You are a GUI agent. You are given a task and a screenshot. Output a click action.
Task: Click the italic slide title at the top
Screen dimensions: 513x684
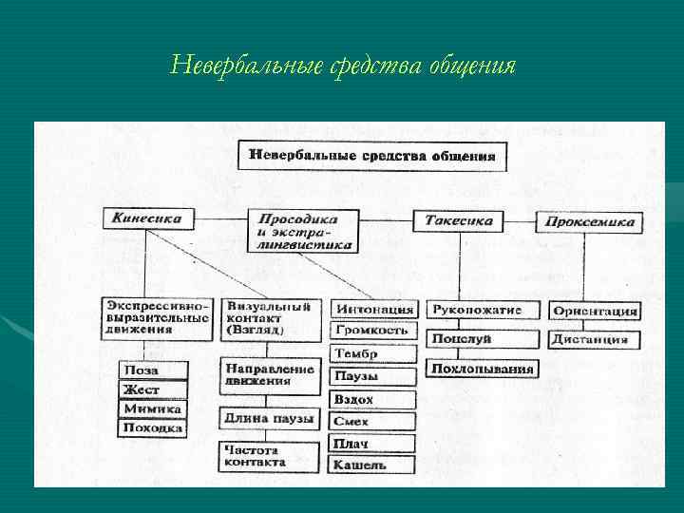343,66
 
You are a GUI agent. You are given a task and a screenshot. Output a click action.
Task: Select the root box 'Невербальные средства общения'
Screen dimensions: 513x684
371,156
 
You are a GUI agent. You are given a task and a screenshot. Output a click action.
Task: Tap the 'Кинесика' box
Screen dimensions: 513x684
148,218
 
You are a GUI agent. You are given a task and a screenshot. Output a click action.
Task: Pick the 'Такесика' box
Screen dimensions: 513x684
458,220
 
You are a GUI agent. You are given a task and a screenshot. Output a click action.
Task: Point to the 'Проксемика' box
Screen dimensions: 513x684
589,222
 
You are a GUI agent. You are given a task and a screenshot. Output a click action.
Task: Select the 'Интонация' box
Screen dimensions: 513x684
373,309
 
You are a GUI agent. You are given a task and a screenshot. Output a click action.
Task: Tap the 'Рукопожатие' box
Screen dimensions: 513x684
484,310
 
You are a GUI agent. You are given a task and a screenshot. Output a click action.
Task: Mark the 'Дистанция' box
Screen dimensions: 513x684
594,339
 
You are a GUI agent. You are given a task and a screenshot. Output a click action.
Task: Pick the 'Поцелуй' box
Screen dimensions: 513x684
462,338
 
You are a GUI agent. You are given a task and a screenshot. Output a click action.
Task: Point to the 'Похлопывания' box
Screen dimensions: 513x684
483,368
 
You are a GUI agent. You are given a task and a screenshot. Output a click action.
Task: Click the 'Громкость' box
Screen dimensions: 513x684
373,331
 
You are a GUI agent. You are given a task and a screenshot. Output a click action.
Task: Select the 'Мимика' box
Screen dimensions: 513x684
152,408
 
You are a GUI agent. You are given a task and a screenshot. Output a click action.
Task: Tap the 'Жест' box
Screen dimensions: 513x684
152,389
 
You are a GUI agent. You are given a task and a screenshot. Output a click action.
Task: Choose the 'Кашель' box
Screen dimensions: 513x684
371,465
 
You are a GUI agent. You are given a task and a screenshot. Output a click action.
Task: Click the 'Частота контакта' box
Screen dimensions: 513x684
270,455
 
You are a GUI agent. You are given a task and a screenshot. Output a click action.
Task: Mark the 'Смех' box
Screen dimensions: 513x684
371,421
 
